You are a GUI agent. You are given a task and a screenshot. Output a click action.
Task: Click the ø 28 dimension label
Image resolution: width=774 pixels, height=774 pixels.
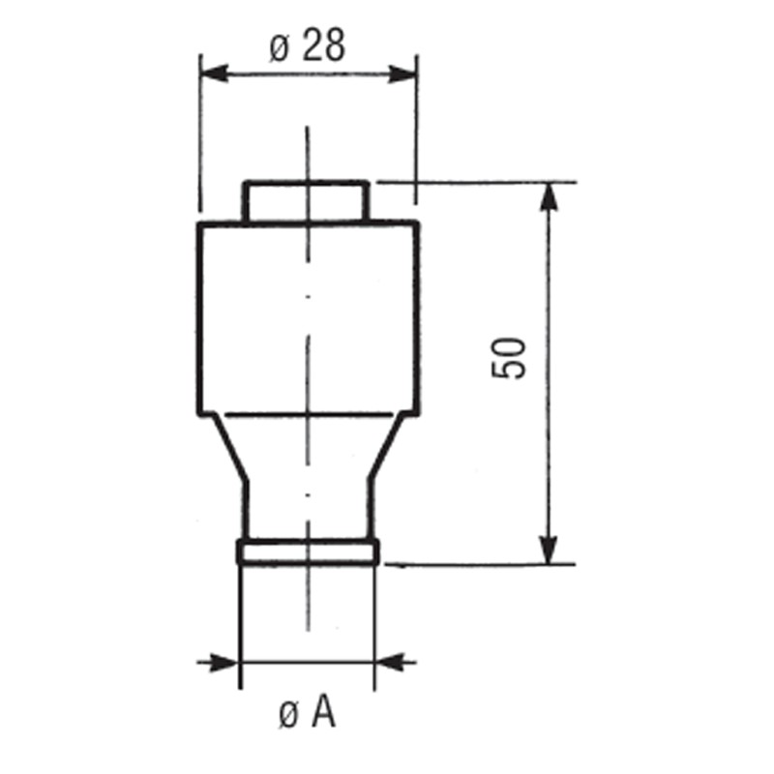307,45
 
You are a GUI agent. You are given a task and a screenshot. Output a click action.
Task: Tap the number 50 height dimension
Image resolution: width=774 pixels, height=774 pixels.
509,358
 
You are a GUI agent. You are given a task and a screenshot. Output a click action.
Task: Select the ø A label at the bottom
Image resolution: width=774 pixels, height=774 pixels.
307,713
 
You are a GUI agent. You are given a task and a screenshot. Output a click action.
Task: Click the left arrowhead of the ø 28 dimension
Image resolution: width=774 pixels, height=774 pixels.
215,74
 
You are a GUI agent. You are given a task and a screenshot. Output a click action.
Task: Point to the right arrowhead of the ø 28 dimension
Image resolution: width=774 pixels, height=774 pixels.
402,74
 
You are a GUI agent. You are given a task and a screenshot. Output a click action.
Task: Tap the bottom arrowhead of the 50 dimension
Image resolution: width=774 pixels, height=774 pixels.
549,550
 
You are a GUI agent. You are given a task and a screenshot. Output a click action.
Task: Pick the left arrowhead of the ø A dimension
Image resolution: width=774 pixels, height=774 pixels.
224,663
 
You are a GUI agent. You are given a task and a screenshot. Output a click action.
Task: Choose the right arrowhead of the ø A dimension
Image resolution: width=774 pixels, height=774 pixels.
390,663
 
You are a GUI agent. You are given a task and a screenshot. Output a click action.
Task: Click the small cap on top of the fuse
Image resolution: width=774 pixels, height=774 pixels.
306,201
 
